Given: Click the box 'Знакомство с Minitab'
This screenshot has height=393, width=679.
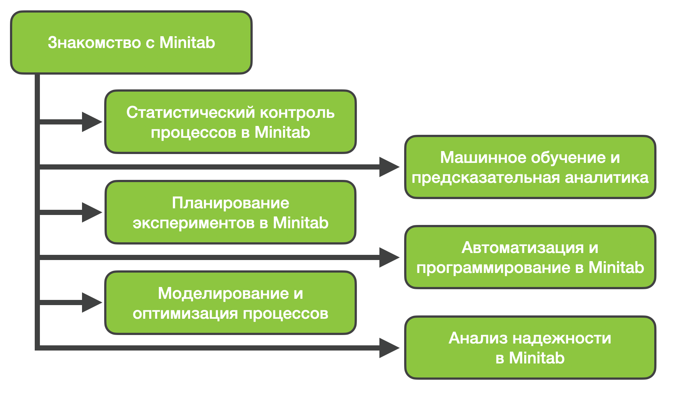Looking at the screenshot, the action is (131, 42).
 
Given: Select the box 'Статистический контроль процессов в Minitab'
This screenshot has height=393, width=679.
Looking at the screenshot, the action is (231, 122).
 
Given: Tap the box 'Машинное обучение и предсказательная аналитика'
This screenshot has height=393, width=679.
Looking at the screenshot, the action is (530, 167).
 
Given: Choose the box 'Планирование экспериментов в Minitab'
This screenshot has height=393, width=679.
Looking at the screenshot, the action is (231, 212).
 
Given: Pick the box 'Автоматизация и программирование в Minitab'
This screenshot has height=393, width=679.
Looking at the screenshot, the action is (530, 257).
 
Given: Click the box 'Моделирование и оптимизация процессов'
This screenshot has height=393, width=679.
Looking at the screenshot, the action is (231, 303).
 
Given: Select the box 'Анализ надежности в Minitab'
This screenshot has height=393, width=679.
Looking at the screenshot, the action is (530, 348).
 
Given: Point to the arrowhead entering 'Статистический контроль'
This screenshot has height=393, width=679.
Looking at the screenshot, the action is (92, 122).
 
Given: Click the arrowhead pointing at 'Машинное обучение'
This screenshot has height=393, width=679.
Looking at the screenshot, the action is (389, 167).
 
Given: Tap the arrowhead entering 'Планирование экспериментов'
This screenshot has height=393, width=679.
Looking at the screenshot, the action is (92, 212).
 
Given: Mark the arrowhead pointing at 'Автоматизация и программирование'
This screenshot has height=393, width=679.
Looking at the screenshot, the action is (389, 257).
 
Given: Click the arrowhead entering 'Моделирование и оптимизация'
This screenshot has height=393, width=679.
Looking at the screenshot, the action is (92, 303).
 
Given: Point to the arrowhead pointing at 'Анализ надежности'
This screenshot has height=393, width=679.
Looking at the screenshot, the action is (389, 348).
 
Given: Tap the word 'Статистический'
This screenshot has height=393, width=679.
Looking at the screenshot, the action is (191, 112).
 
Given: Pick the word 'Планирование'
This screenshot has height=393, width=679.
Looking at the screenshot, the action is (231, 203).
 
